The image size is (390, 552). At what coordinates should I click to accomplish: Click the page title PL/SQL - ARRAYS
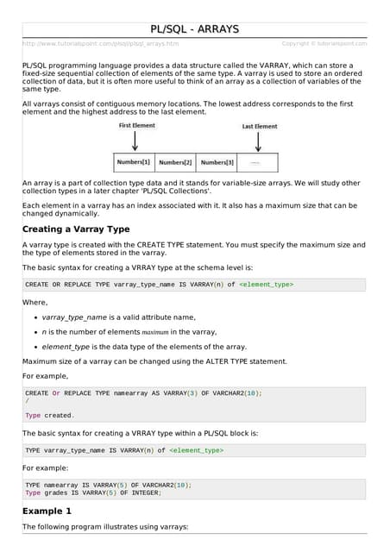[x=194, y=29]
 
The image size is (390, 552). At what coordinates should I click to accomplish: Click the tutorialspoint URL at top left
[x=100, y=43]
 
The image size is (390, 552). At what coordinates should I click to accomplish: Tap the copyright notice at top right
[x=324, y=43]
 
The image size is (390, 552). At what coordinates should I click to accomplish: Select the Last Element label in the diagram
[x=260, y=126]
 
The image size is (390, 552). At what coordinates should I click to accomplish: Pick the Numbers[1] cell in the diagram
[x=134, y=162]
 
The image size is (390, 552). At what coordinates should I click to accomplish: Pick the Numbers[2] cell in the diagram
[x=175, y=162]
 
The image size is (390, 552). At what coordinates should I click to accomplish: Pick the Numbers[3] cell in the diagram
[x=217, y=162]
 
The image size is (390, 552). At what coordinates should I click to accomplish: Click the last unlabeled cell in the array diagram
[x=257, y=162]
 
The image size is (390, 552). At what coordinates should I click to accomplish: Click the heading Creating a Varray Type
[x=76, y=229]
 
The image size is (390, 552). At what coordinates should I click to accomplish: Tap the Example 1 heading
[x=51, y=511]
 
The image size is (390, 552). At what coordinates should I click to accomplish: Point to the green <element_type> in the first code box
[x=266, y=284]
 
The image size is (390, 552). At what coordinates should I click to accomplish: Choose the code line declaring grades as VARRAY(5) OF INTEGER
[x=93, y=492]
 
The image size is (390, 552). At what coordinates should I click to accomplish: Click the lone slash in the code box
[x=27, y=401]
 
